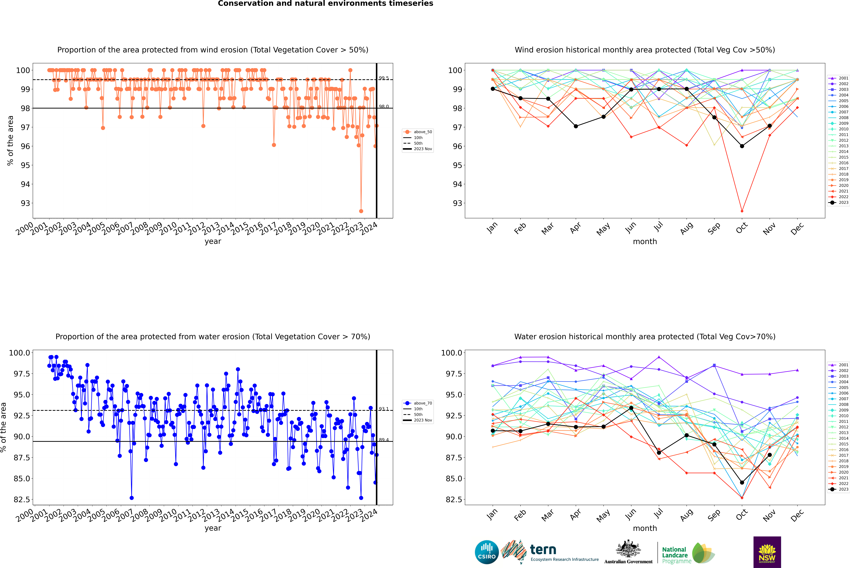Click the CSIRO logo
487,552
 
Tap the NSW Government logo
767,552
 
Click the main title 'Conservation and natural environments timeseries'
325,4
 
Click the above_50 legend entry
418,132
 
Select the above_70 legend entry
418,403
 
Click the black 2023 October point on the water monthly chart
742,483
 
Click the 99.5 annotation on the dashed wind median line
384,78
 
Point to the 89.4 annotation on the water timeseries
384,440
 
